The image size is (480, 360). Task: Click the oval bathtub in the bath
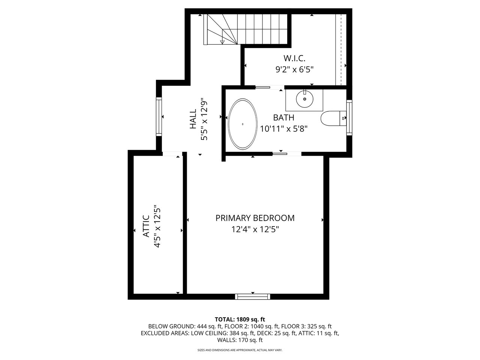243,124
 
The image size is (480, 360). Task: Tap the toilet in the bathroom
333,118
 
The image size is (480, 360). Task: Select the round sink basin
304,99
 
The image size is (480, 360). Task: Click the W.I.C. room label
294,58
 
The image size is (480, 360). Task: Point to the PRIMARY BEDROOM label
255,218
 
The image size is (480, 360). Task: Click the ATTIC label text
146,226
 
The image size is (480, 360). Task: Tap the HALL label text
193,119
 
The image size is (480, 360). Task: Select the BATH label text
283,118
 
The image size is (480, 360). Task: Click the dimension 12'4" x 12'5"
255,229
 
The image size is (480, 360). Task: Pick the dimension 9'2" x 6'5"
294,70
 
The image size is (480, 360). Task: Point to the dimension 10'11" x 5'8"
283,129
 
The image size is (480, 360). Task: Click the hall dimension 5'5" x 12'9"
204,119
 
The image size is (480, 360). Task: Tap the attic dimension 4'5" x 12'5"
157,226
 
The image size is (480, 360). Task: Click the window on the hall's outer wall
159,117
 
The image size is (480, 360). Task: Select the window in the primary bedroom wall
253,296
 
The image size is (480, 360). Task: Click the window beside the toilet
349,118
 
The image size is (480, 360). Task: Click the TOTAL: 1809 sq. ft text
240,319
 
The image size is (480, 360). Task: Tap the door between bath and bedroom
287,154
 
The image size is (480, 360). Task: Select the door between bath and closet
270,87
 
